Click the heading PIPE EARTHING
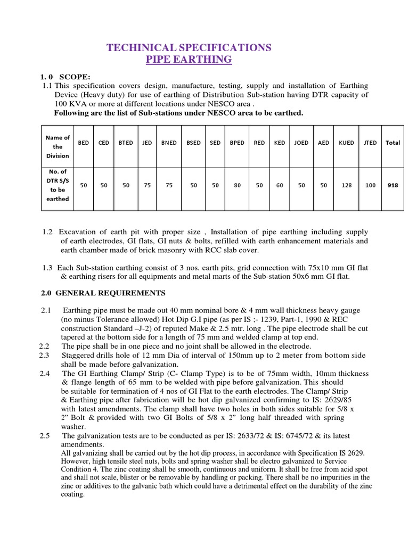pos(189,60)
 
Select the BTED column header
pos(126,143)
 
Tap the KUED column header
pos(346,143)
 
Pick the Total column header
pos(393,143)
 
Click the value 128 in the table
pos(346,185)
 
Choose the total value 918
pos(393,185)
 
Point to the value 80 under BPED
pos(237,185)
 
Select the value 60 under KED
pos(280,185)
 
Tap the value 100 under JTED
pos(371,185)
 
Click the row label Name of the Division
pos(58,147)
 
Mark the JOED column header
pos(301,143)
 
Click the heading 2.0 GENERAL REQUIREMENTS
pos(103,293)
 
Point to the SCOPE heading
pos(75,77)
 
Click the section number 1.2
pos(47,232)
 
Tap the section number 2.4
pos(45,374)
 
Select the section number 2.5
pos(45,436)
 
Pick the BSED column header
pos(194,143)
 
